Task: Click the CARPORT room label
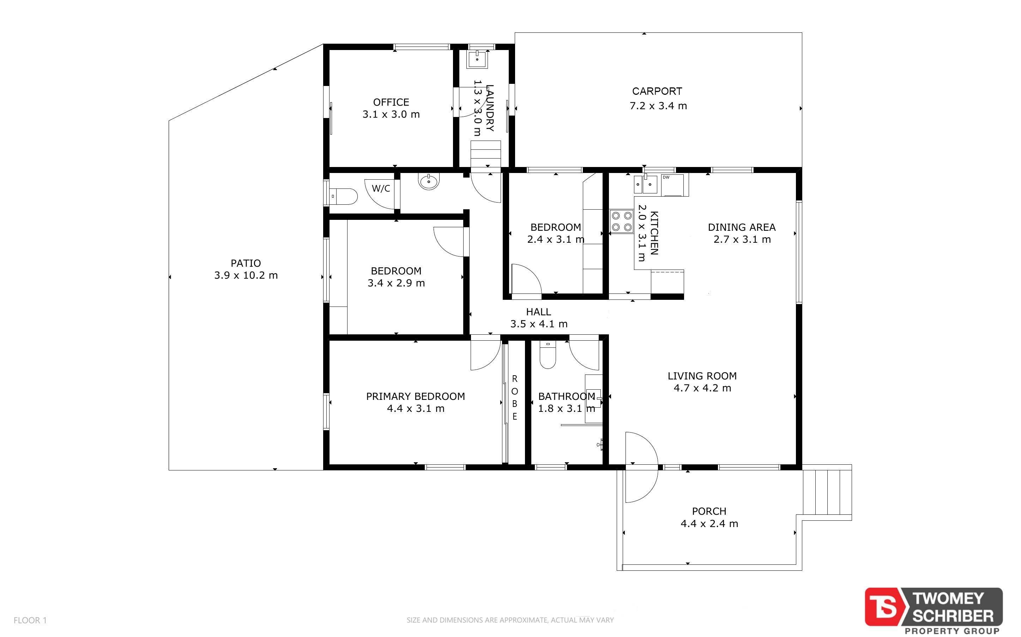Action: (x=657, y=91)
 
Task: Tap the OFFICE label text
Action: (x=391, y=102)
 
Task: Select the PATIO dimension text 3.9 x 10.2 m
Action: (x=246, y=276)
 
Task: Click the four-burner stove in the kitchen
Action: (x=622, y=222)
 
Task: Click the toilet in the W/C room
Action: (x=343, y=196)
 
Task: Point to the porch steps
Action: (x=827, y=492)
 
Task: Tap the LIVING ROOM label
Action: (x=702, y=376)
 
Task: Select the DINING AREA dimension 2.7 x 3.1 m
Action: (x=742, y=240)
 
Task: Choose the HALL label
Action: (x=538, y=312)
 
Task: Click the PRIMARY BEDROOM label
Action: (x=415, y=396)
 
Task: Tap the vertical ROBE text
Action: (x=514, y=398)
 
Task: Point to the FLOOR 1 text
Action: (x=30, y=620)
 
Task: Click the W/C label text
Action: (x=381, y=188)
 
